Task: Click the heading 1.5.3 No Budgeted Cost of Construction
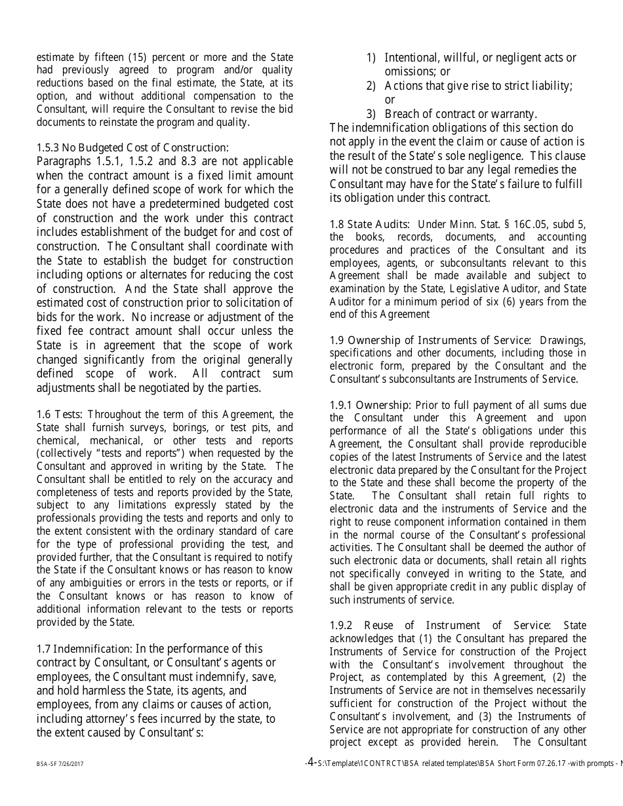[x=132, y=147]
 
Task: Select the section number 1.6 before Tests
[x=43, y=414]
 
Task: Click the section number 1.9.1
[x=340, y=405]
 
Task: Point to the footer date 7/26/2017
[x=70, y=764]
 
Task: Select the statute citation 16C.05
[x=523, y=224]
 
